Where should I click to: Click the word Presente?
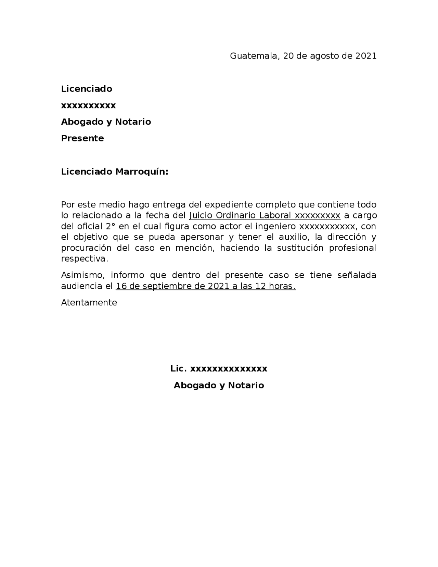[82, 138]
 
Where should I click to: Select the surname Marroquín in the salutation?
[141, 172]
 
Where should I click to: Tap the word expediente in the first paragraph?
[229, 205]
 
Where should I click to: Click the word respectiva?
[84, 259]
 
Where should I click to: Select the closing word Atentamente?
[89, 303]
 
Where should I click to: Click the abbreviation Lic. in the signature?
[179, 369]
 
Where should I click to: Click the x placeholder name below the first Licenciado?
[88, 105]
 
